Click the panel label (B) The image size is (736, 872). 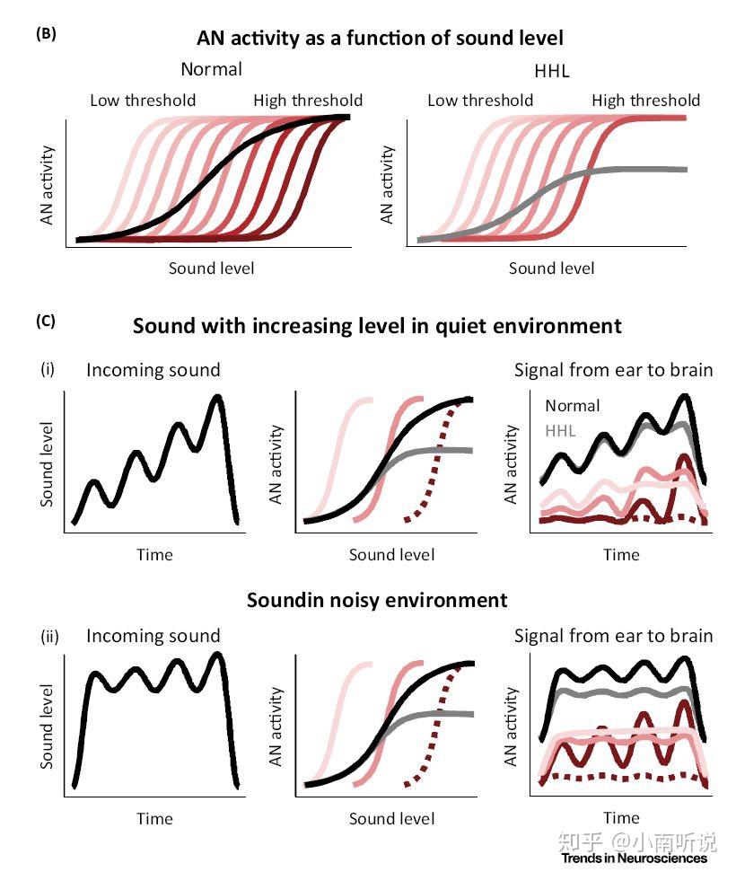tap(46, 35)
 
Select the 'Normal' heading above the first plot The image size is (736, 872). tap(211, 69)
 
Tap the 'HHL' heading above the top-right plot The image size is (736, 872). tap(551, 70)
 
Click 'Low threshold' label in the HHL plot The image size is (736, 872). tap(480, 100)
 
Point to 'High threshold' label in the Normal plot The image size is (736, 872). tap(308, 100)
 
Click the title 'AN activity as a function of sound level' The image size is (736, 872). tap(380, 39)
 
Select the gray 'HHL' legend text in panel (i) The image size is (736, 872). tap(560, 430)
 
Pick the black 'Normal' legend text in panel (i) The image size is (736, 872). tap(573, 405)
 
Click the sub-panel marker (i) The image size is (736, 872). tap(48, 369)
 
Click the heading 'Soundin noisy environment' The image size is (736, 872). tap(377, 600)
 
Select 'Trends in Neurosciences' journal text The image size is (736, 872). tap(635, 858)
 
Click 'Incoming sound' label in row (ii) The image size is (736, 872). tap(153, 637)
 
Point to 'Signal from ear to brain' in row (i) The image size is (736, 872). tap(613, 369)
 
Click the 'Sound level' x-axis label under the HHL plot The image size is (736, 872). tap(551, 268)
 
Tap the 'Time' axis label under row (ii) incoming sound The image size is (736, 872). tap(154, 818)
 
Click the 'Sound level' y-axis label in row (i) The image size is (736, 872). tap(48, 462)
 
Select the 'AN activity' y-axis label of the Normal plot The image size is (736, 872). tap(48, 185)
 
